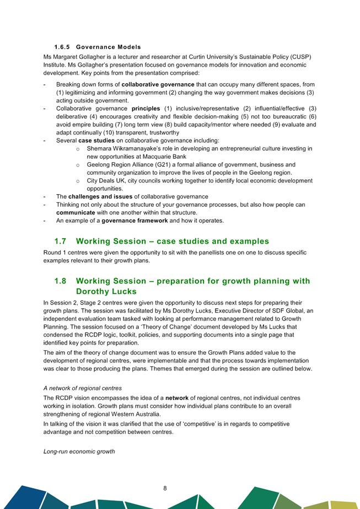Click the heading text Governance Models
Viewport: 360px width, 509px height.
tap(109, 47)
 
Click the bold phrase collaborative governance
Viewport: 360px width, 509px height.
tap(158, 84)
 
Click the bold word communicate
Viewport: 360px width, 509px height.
tap(79, 212)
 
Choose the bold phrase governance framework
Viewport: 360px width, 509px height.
tap(135, 221)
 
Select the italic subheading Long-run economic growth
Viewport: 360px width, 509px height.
tap(79, 452)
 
